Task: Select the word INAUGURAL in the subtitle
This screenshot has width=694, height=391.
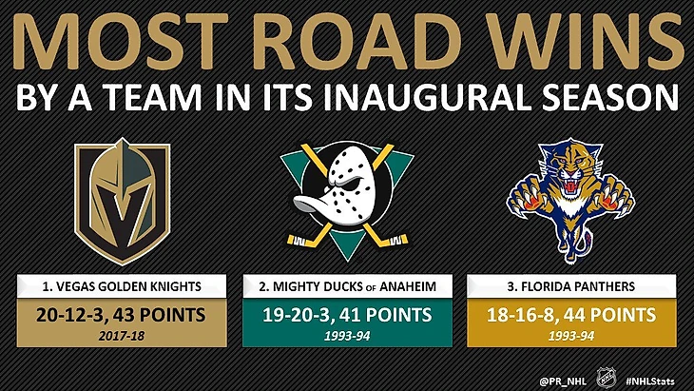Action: tap(428, 96)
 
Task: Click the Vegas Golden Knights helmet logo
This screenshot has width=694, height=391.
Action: tap(122, 202)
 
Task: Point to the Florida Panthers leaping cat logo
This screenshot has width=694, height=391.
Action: tap(571, 202)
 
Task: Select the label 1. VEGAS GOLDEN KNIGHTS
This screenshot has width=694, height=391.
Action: tap(122, 286)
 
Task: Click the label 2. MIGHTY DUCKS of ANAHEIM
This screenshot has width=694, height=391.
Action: tap(347, 286)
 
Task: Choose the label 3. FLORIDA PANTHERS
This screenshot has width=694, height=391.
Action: tap(571, 286)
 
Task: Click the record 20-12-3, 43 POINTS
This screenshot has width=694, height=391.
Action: tap(121, 315)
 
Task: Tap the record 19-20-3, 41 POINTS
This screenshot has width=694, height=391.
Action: tap(347, 315)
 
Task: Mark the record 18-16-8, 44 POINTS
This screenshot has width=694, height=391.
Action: tap(571, 315)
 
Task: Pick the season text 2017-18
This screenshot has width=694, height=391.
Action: tap(122, 336)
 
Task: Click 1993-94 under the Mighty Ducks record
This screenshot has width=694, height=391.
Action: tap(347, 336)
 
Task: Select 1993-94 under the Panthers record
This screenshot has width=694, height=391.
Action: tap(571, 336)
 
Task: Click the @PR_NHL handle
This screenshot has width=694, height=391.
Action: tap(563, 381)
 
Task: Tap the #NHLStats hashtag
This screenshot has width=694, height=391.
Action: tap(650, 381)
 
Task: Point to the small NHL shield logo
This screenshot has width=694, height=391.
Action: tap(607, 379)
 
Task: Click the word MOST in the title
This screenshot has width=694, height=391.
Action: tap(120, 41)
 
